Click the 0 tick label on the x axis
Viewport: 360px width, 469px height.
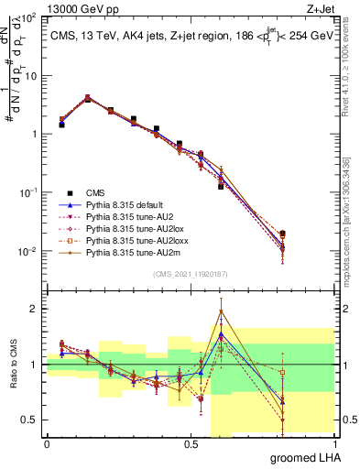[47, 443]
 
